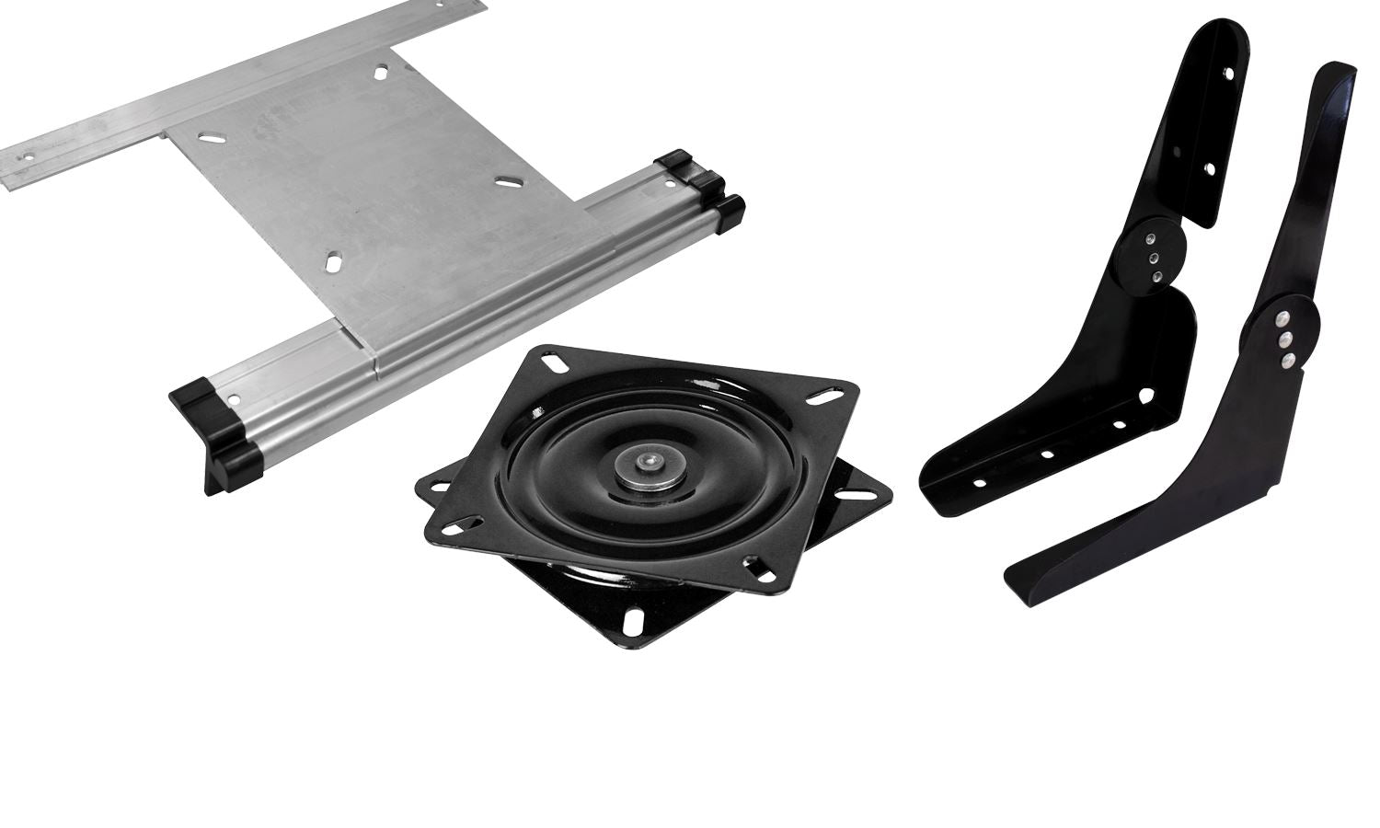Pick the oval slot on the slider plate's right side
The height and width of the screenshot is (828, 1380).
(505, 183)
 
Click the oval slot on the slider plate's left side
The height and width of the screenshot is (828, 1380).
(211, 136)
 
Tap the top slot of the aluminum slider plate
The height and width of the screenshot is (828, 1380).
(381, 72)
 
